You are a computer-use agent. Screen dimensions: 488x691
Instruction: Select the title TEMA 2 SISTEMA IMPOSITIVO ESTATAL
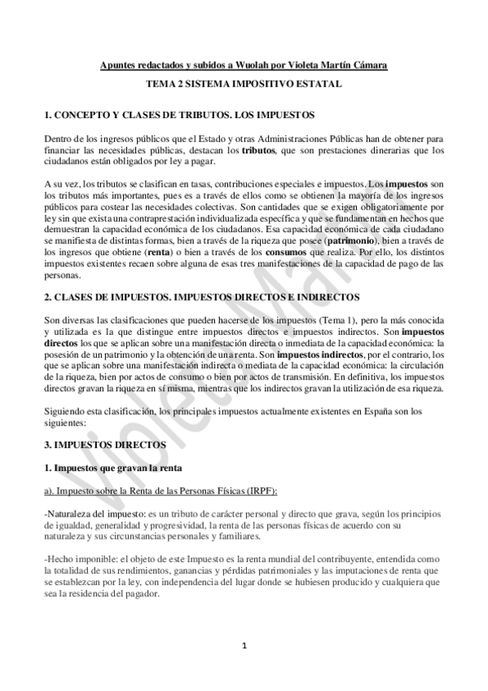[x=244, y=84]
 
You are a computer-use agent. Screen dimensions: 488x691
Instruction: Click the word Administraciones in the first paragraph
[x=312, y=139]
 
